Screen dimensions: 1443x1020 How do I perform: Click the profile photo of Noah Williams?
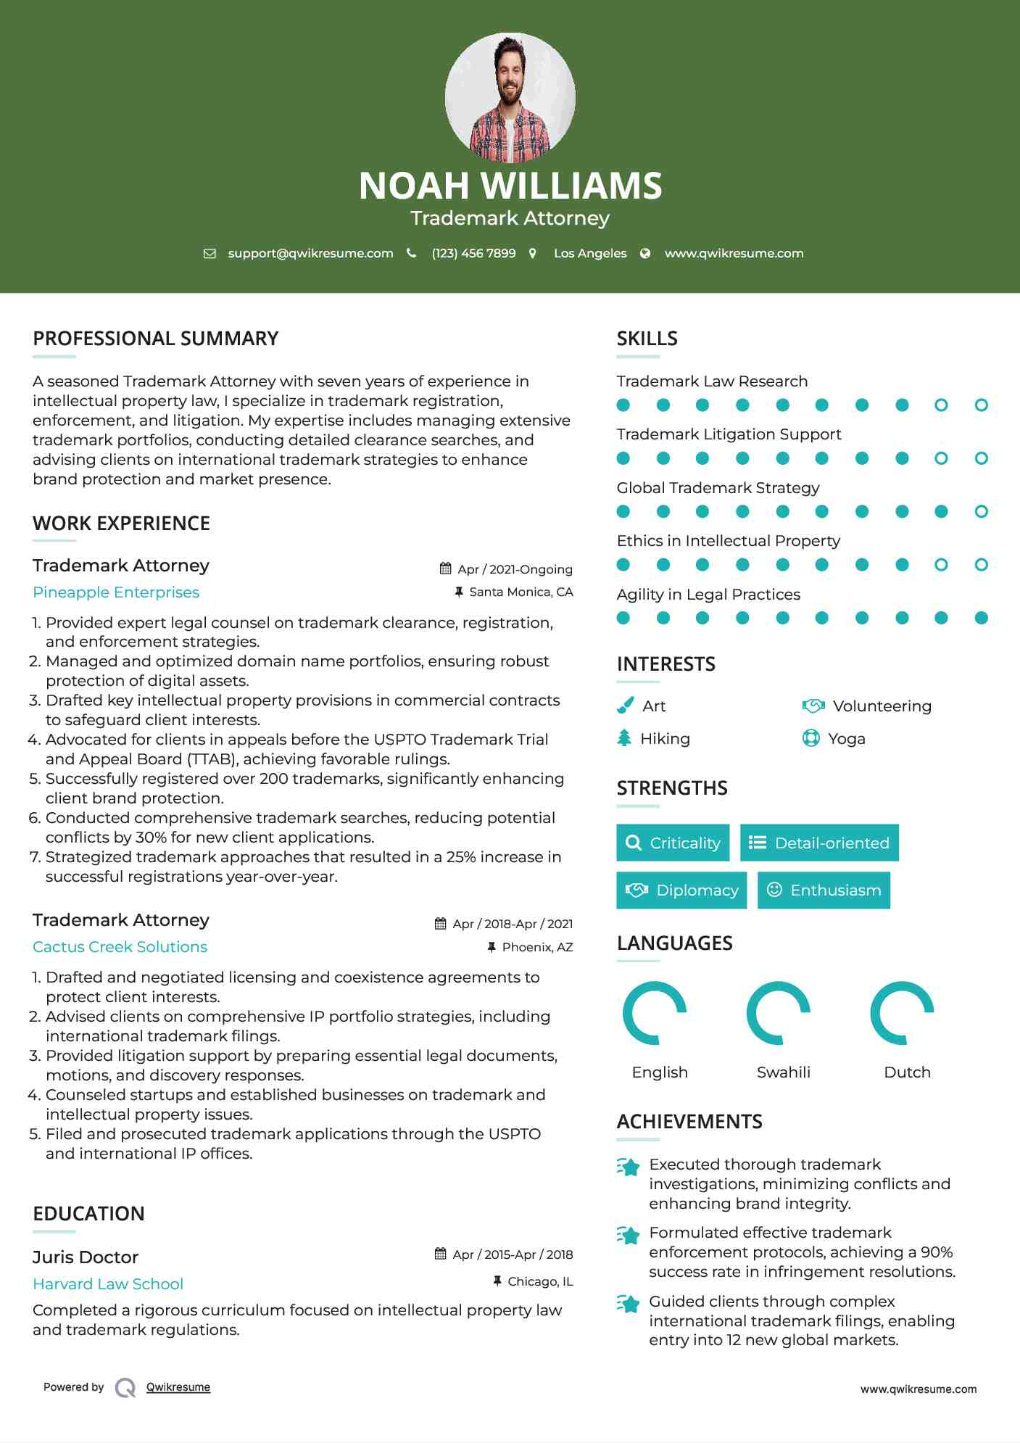pos(510,97)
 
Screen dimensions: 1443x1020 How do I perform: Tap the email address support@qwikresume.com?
pos(310,253)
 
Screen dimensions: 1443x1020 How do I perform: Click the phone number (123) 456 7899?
pos(473,253)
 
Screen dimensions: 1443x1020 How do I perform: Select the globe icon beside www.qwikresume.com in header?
pos(645,253)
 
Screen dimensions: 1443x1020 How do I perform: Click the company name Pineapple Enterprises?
pos(116,592)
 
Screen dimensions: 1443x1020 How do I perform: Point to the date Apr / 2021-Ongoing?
pos(515,569)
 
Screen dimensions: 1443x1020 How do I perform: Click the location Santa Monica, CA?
pos(521,592)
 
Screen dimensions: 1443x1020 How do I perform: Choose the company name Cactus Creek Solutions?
pos(120,947)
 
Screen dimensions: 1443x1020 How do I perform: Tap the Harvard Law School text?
pos(108,1284)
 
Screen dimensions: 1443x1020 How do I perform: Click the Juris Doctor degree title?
pos(86,1257)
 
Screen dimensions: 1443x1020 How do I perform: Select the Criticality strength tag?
pos(673,843)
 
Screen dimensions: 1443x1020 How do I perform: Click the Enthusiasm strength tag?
pos(824,890)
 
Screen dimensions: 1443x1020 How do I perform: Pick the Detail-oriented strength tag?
pos(819,843)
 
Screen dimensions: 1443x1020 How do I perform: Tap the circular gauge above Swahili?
pos(779,1013)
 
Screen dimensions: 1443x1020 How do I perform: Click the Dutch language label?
pos(907,1072)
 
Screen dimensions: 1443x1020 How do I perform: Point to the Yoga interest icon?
pos(811,738)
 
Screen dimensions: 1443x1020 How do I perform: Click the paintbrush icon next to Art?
pos(625,706)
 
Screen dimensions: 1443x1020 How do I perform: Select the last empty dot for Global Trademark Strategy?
pos(981,511)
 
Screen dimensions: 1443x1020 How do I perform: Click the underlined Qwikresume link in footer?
pos(178,1387)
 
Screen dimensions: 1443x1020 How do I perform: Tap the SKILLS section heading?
pos(647,339)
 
